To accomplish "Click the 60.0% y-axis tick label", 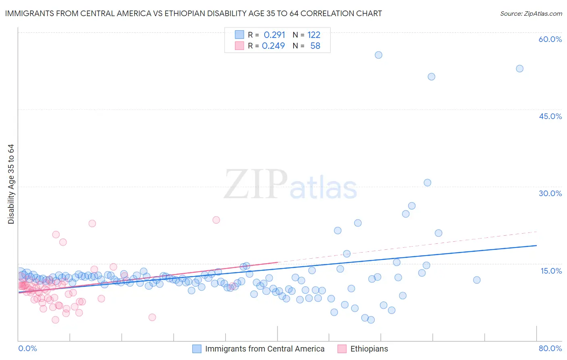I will (550, 40).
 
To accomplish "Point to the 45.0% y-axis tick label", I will (550, 116).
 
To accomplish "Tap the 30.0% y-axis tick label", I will (550, 193).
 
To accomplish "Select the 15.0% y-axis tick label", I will (551, 271).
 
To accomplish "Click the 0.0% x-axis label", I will (27, 348).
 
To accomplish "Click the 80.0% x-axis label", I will (550, 348).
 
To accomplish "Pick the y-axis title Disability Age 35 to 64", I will (11, 184).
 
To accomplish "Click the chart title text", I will (194, 14).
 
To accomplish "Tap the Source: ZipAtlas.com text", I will (531, 14).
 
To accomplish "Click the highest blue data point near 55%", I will (378, 55).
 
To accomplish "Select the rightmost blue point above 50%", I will (519, 69).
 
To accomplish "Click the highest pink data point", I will (216, 220).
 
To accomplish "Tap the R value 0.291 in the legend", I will (274, 35).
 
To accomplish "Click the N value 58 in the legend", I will (315, 46).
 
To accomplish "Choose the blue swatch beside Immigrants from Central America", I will (197, 349).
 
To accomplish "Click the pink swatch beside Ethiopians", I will (342, 349).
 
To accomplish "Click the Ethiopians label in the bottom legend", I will (369, 349).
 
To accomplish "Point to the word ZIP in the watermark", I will (256, 184).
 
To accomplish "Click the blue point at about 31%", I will (427, 183).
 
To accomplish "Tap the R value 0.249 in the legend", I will (273, 46).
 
